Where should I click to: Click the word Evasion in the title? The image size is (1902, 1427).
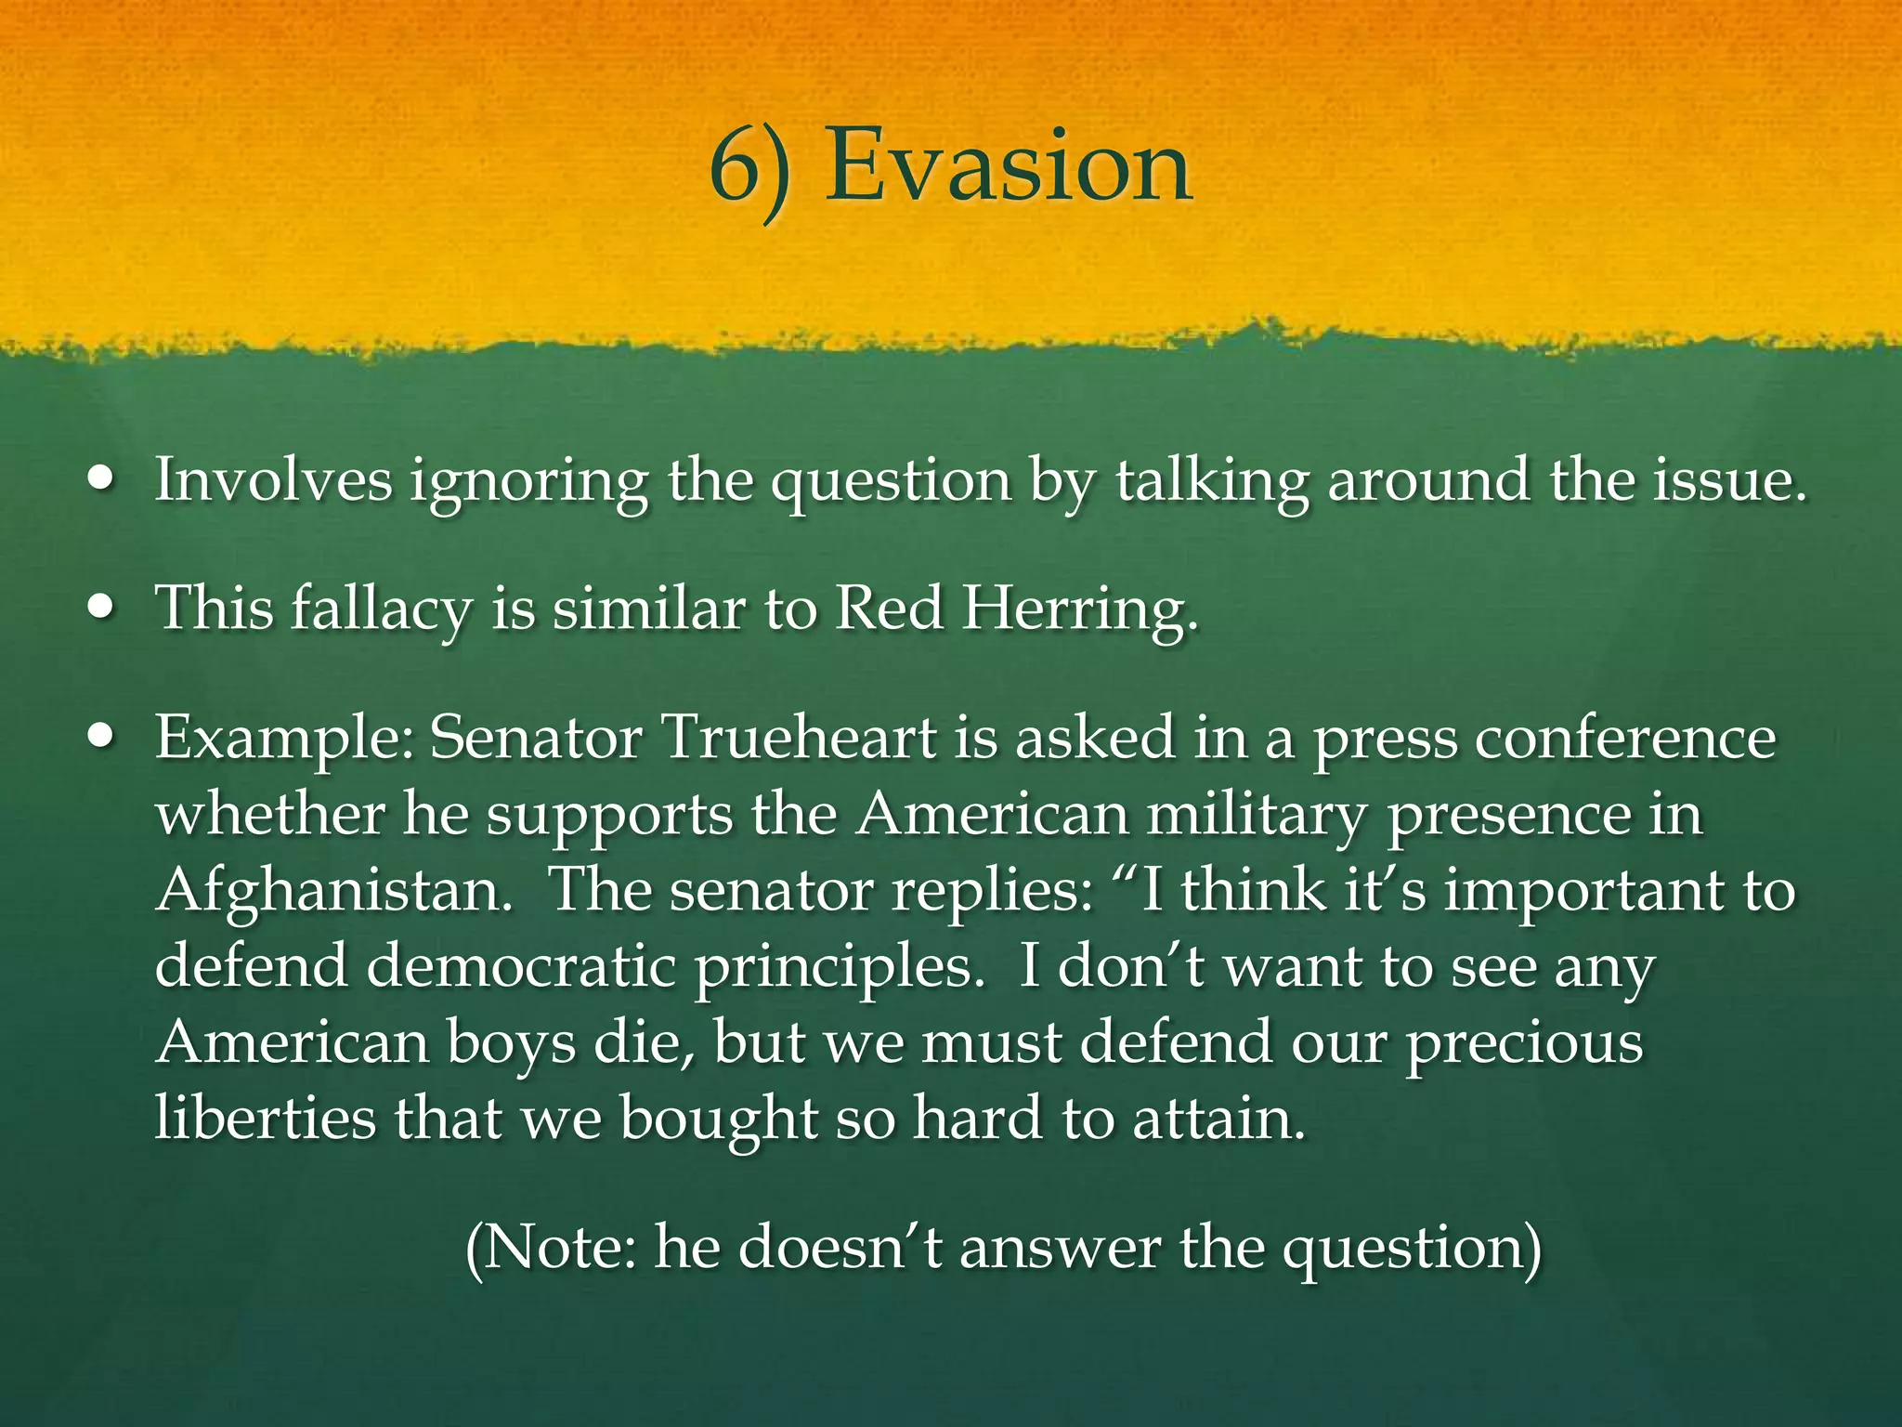pyautogui.click(x=1009, y=167)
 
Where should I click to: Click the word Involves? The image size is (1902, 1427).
pyautogui.click(x=273, y=480)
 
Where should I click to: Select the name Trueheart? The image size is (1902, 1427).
pyautogui.click(x=799, y=739)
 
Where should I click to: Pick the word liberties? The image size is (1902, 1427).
pyautogui.click(x=265, y=1118)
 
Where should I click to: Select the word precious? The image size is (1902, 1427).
pyautogui.click(x=1523, y=1043)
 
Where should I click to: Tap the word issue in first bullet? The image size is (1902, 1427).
pyautogui.click(x=1727, y=480)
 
